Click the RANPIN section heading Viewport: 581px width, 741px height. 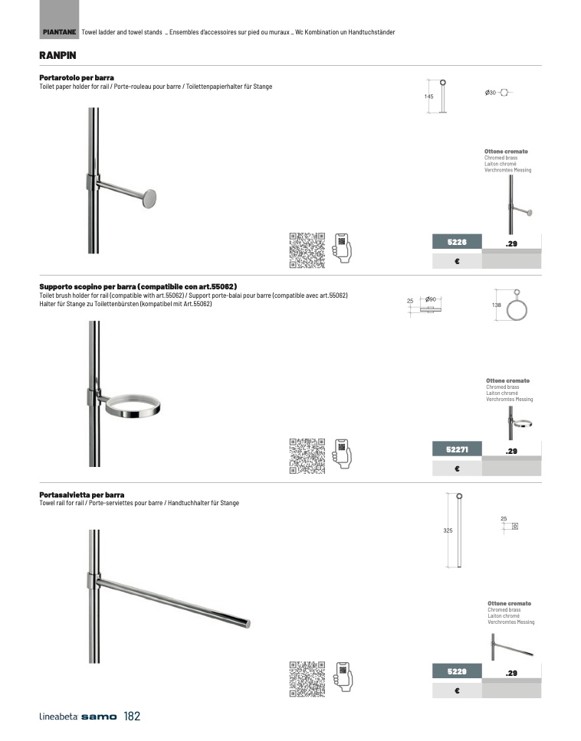point(57,55)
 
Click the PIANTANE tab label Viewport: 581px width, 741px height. point(59,32)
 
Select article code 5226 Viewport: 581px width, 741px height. point(457,242)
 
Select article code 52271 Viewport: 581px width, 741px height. point(457,449)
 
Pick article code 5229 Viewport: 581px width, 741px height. point(457,671)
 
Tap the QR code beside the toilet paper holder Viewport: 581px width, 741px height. point(307,250)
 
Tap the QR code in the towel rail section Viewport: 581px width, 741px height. point(307,679)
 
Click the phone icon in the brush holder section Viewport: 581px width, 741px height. point(342,454)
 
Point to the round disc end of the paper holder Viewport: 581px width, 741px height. point(149,198)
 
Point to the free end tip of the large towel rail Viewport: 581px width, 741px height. point(248,624)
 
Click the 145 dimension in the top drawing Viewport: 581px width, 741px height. point(428,96)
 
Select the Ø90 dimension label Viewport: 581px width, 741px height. point(431,299)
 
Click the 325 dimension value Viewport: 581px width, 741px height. point(448,530)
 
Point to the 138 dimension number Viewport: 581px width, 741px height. point(497,305)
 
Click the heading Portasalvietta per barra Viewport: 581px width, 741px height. point(82,495)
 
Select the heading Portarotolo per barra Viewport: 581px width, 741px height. point(77,77)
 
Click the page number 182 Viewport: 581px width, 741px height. point(132,717)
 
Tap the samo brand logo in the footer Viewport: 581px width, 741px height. point(99,717)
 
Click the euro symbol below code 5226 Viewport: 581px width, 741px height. point(457,261)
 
